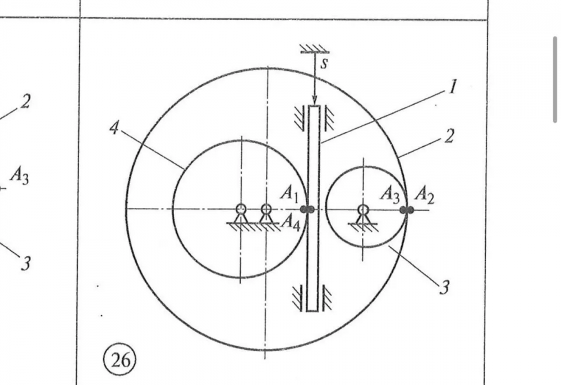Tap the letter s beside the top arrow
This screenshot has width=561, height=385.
pos(324,63)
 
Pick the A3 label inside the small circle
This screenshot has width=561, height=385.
pos(390,194)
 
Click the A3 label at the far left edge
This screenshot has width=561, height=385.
pos(19,176)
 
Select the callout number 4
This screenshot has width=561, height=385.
pos(114,129)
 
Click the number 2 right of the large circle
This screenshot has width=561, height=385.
pos(448,135)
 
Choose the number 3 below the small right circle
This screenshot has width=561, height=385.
pos(444,288)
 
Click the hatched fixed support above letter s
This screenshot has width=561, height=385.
pos(314,49)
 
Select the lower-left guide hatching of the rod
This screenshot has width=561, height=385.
pos(298,298)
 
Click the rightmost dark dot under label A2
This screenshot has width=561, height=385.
pos(410,210)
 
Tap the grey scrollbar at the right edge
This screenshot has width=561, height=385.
pos(555,79)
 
